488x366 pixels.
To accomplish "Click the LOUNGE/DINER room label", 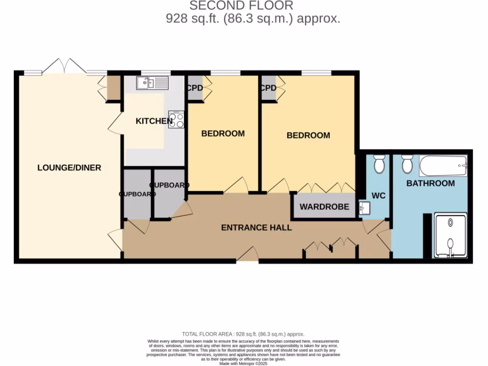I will [69, 168].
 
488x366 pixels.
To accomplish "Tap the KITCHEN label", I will [154, 121].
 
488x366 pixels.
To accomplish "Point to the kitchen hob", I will [176, 119].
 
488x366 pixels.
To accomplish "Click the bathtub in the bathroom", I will [443, 166].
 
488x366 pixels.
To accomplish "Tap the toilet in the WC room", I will [379, 164].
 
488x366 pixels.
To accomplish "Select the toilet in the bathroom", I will [407, 164].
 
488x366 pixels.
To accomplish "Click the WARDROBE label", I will [324, 207].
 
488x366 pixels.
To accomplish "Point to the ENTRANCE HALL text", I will [256, 228].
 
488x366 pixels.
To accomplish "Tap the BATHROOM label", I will [430, 183].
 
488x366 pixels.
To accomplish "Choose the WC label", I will [378, 195].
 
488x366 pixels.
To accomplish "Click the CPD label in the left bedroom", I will [194, 88].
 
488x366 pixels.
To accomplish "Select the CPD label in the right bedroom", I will [268, 88].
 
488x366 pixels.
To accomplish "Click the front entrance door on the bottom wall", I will [247, 256].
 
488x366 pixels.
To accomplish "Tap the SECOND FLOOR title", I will [241, 6].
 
